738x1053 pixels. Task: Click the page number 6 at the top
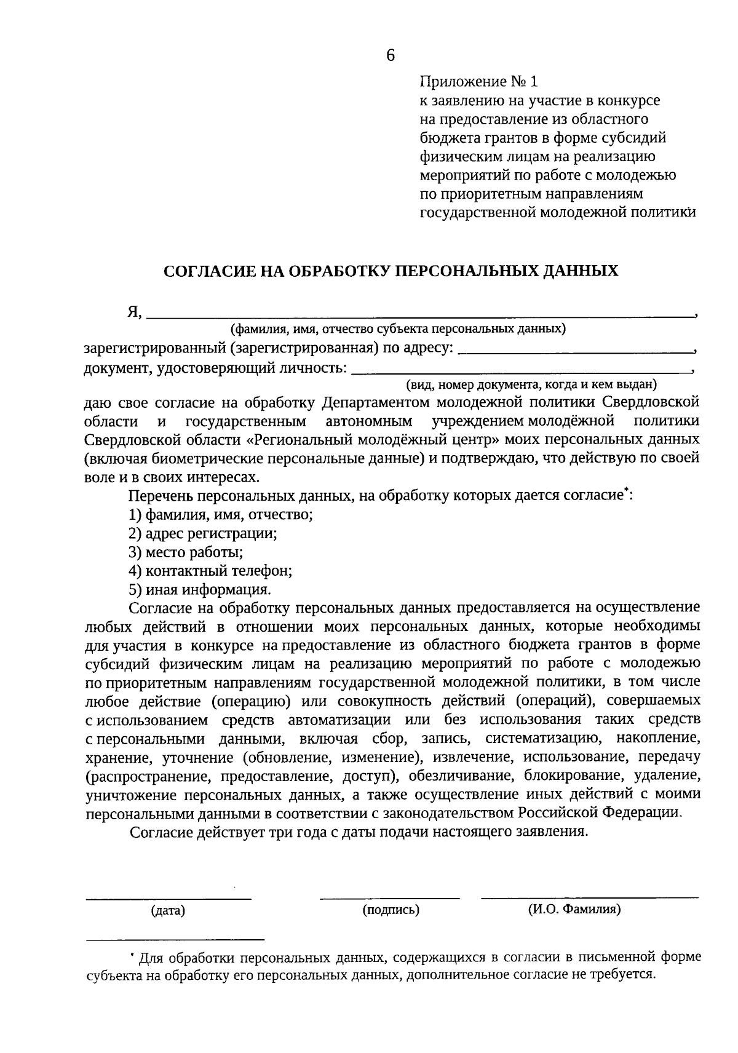point(390,56)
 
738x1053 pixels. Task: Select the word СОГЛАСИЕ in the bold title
point(208,271)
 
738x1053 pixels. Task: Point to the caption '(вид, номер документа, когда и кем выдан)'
point(531,385)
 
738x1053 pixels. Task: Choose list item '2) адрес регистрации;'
point(203,533)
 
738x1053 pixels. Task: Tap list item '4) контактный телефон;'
point(210,571)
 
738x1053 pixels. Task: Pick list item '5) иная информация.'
point(200,590)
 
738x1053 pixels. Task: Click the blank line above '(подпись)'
point(389,897)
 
